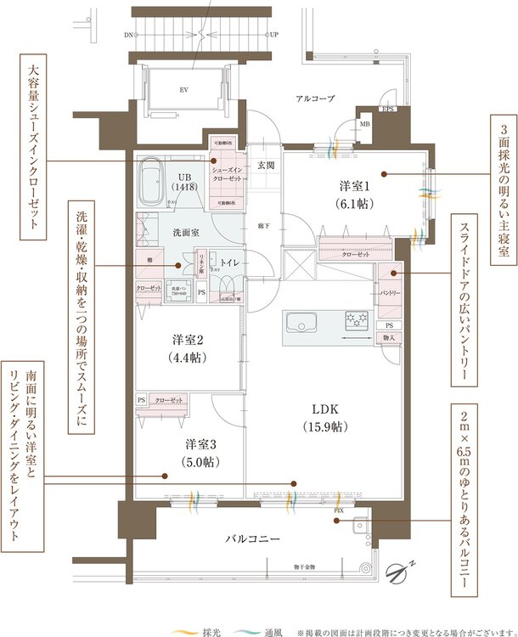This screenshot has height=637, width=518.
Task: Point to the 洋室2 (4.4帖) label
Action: pyautogui.click(x=186, y=347)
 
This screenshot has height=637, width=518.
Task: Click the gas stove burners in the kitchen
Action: pyautogui.click(x=355, y=320)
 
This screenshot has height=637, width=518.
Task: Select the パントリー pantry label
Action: pyautogui.click(x=390, y=293)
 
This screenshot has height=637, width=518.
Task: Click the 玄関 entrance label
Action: pyautogui.click(x=266, y=165)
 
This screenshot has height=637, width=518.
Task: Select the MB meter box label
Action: pyautogui.click(x=365, y=125)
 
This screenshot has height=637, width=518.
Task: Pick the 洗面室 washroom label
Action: pyautogui.click(x=186, y=231)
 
